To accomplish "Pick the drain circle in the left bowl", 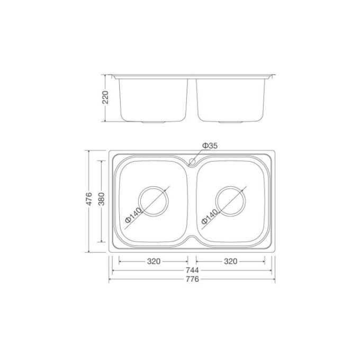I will click(154, 202).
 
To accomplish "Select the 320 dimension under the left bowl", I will click(154, 261).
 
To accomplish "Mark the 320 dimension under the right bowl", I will click(230, 261).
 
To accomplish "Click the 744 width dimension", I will click(192, 270).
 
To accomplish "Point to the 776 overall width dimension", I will click(192, 279).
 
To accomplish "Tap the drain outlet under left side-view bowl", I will click(154, 122).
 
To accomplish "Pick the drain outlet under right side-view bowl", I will click(231, 122).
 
